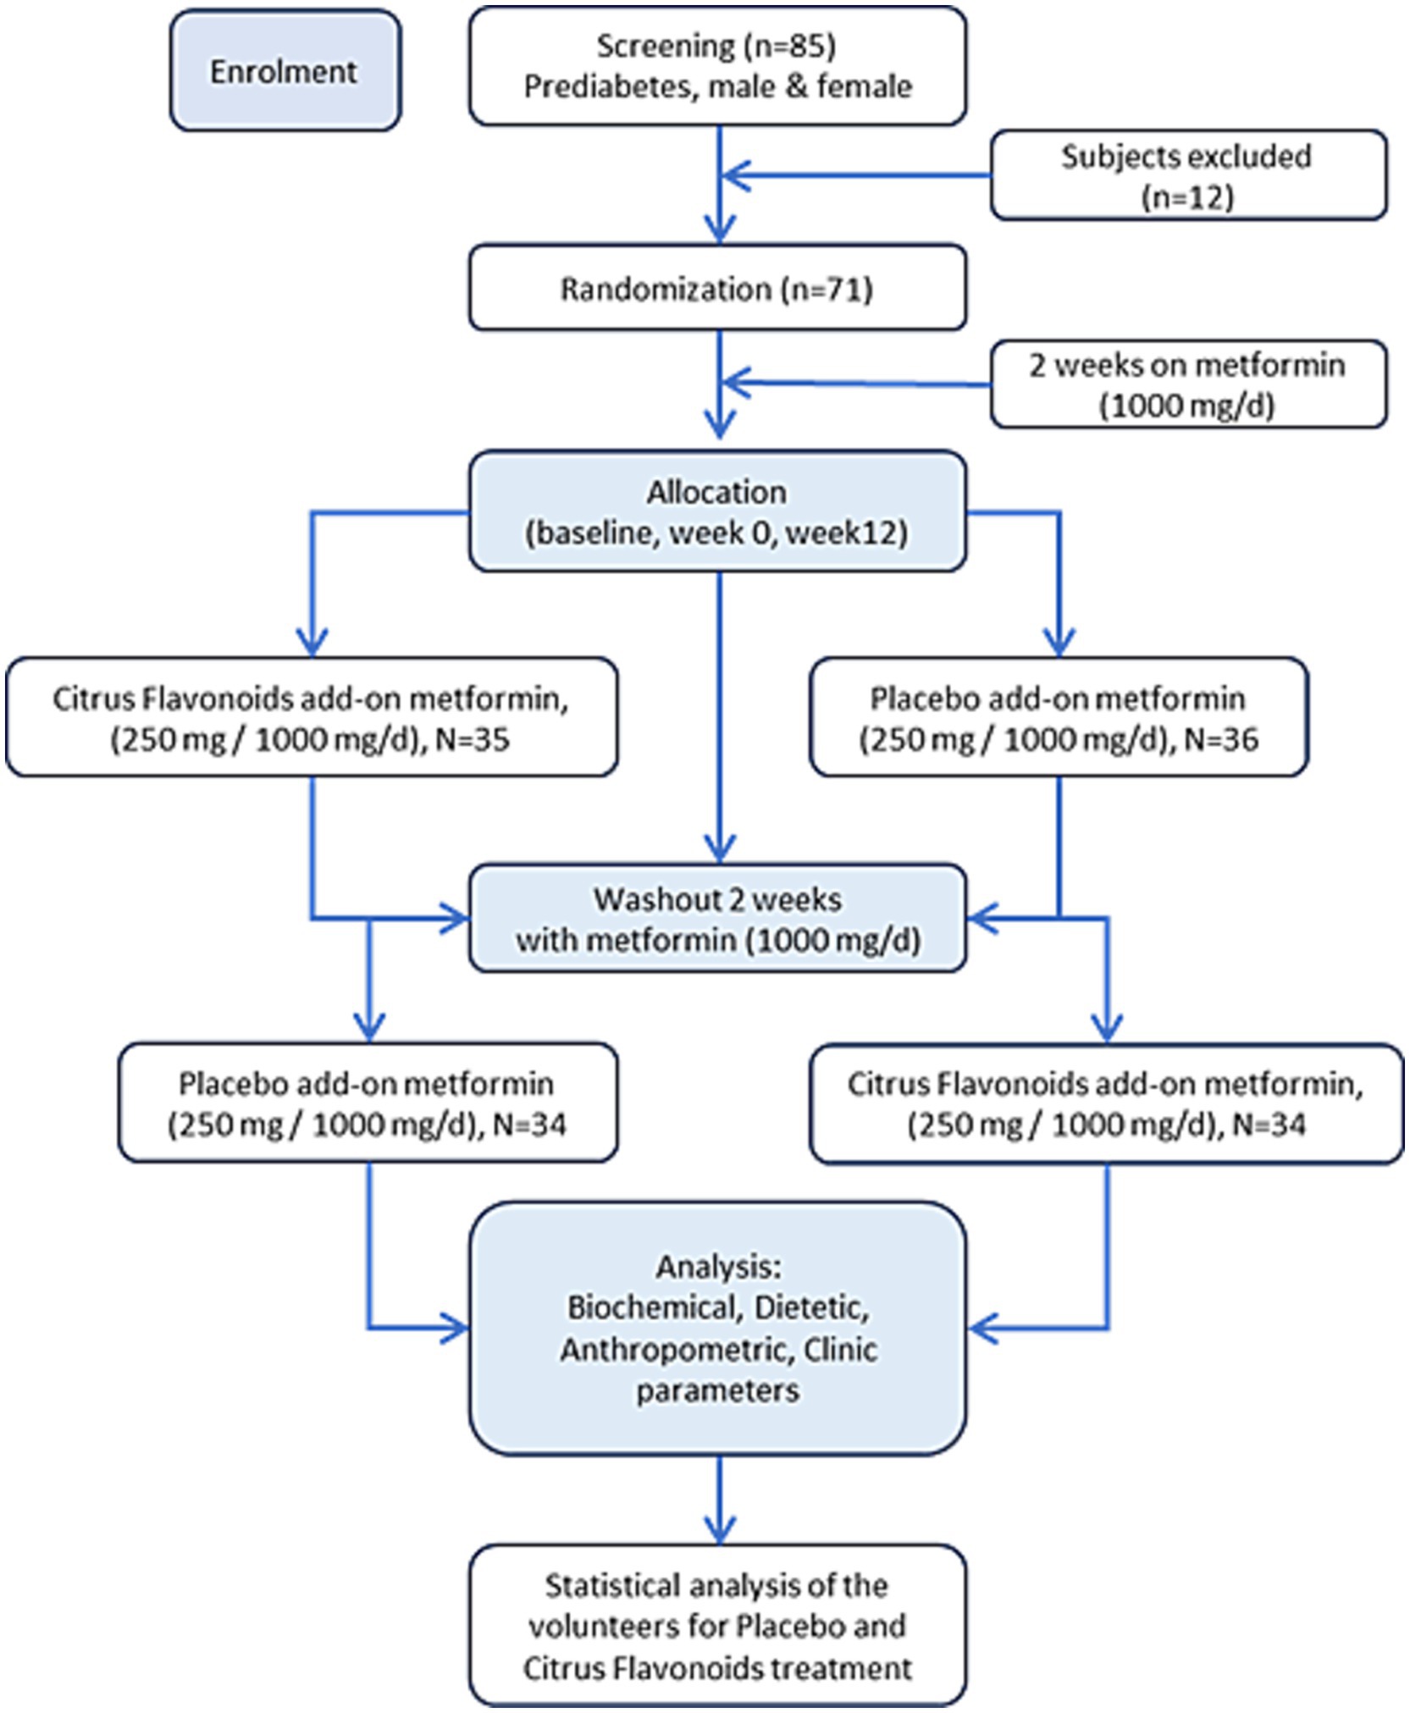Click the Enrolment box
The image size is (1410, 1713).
(285, 70)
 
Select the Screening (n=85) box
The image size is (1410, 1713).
(717, 66)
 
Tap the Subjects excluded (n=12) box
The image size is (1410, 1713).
(1188, 175)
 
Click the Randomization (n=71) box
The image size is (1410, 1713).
(717, 288)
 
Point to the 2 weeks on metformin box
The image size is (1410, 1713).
(1188, 384)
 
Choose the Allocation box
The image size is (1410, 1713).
(717, 511)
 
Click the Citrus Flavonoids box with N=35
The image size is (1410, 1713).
(312, 717)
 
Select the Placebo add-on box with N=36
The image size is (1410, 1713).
(1059, 717)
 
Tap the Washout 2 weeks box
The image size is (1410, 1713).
(717, 918)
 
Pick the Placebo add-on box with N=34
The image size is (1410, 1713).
(368, 1102)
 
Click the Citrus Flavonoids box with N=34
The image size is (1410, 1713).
(1106, 1103)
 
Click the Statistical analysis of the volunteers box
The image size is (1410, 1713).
(717, 1626)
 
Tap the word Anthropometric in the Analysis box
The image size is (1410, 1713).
(673, 1350)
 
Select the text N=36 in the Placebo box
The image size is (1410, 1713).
(1221, 740)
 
